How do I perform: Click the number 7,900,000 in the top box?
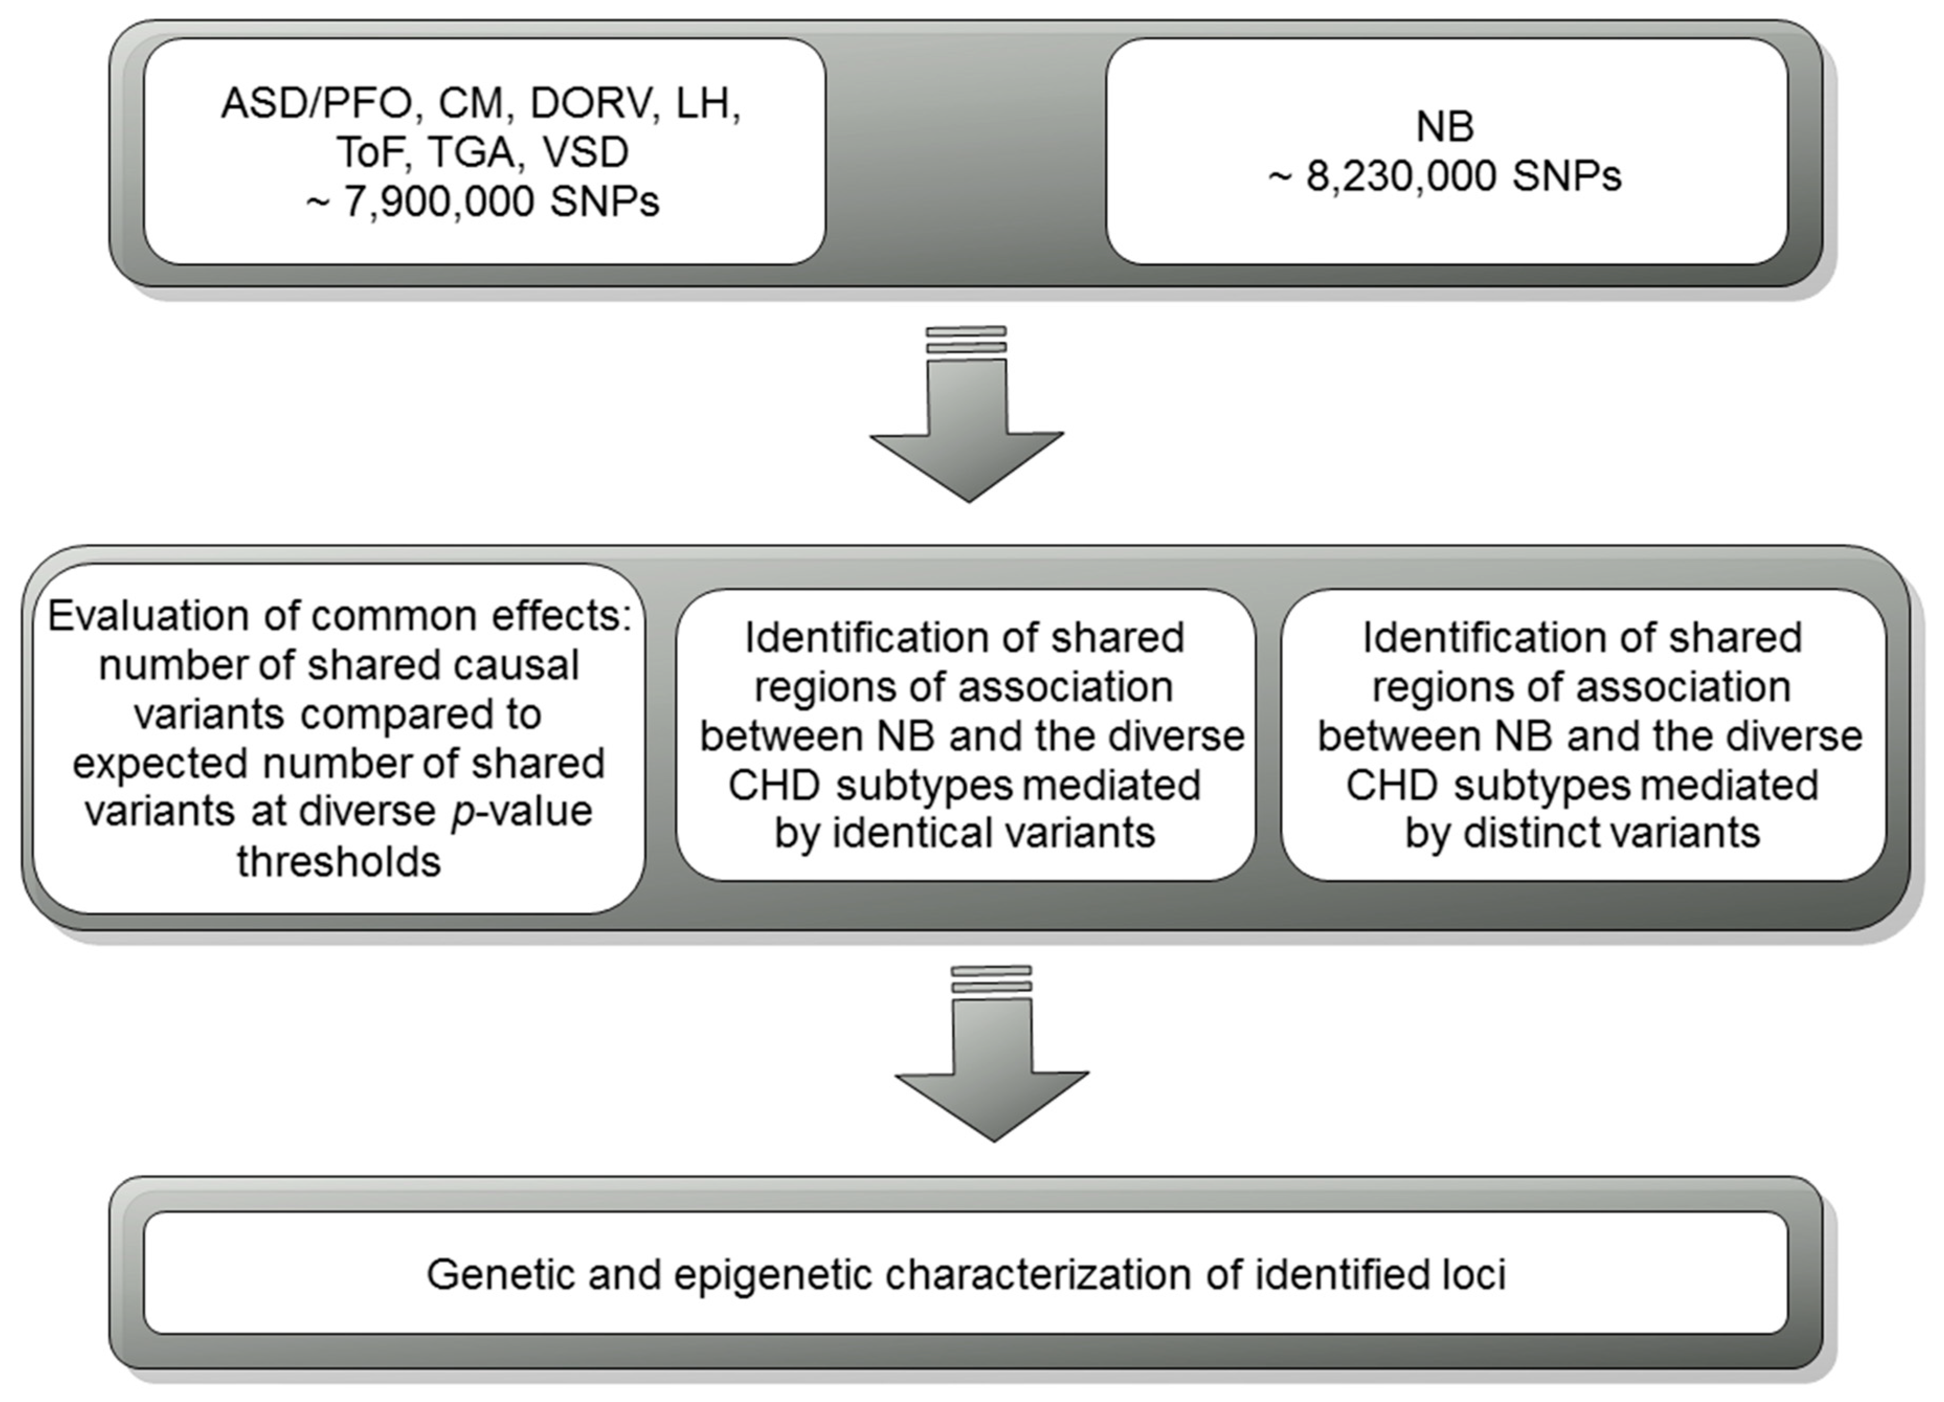tap(440, 202)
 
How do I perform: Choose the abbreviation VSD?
tap(586, 152)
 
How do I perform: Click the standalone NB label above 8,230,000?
tap(1445, 127)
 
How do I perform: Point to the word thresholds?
tap(339, 861)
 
